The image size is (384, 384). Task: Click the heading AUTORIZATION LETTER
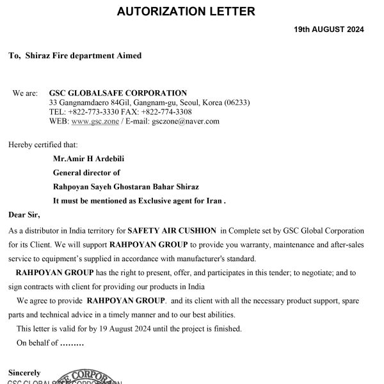191,11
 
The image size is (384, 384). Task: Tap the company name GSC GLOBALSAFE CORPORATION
118,93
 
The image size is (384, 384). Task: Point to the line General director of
86,173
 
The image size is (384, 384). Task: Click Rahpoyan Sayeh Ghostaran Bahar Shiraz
126,186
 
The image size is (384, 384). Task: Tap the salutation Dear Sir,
24,214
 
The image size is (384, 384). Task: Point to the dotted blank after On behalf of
72,343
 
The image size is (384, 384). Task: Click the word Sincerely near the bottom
24,372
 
